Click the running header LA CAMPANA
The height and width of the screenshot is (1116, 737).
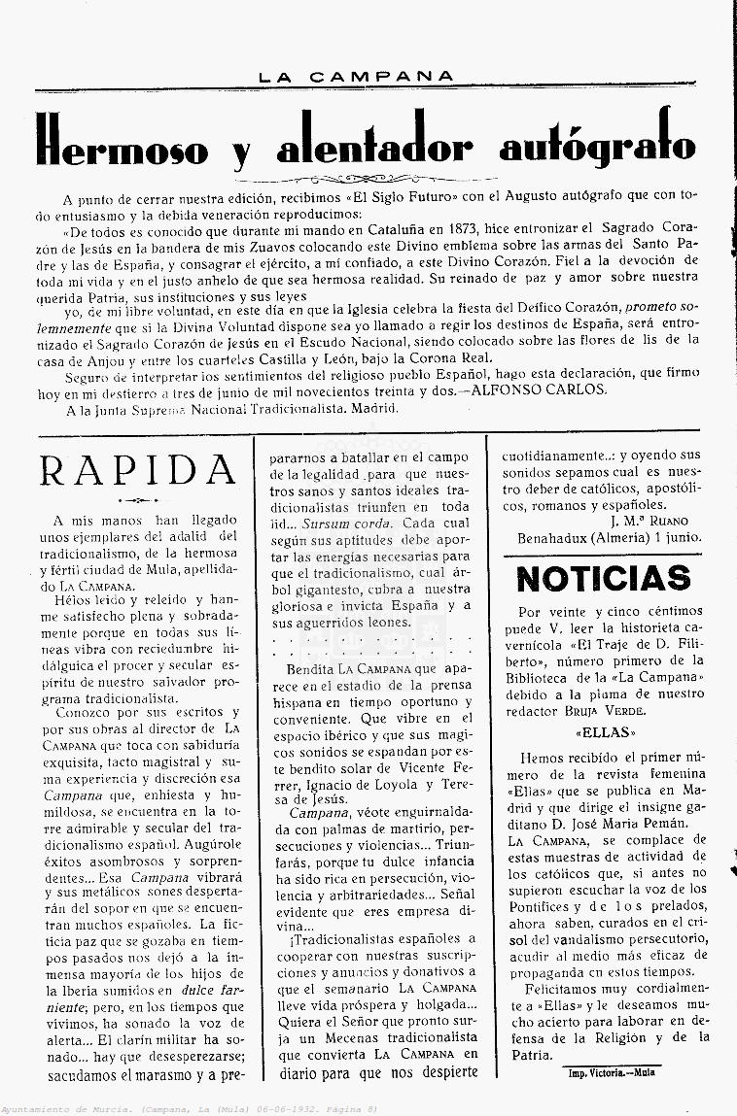(x=356, y=76)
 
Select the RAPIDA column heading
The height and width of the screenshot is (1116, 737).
(x=138, y=470)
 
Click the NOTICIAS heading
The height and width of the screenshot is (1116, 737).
(x=603, y=578)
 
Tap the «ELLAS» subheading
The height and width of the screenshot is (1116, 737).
(x=604, y=732)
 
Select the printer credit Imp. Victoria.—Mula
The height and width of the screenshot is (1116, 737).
(x=612, y=1072)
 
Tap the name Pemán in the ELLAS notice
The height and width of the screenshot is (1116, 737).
(x=689, y=824)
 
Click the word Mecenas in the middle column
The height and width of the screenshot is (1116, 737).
(x=337, y=1035)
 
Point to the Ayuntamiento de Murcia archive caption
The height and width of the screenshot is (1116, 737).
(x=190, y=1108)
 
